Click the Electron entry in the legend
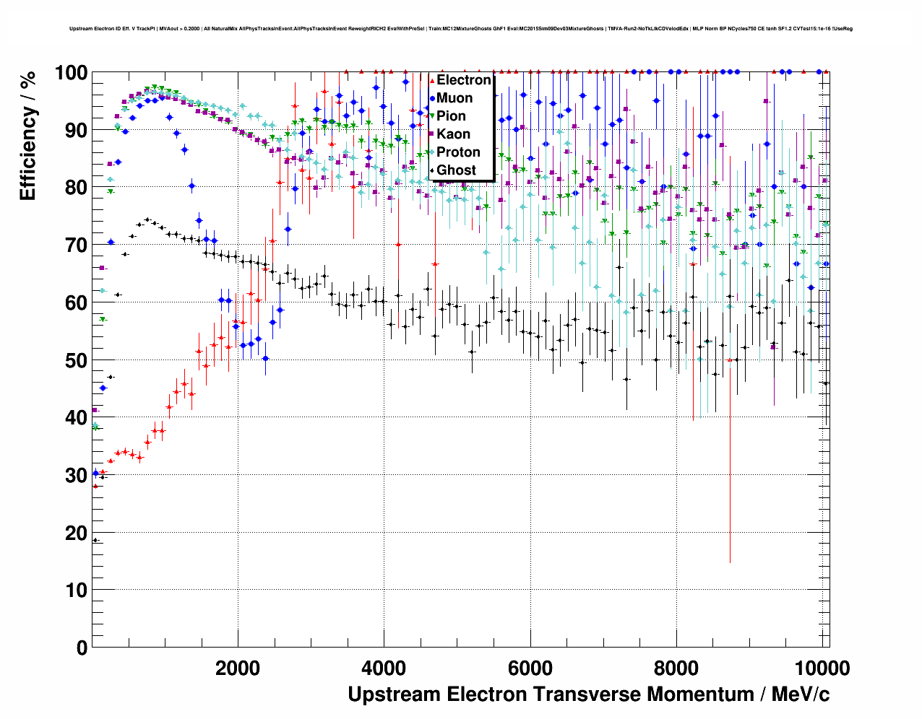coord(464,80)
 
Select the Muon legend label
coord(454,98)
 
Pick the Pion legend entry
coord(451,116)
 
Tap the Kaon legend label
coord(453,134)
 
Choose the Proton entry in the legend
coord(458,152)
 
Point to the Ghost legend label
coord(456,170)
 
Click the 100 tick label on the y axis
coord(72,73)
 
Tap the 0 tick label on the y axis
coord(82,648)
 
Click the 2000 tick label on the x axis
coord(238,668)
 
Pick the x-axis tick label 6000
coord(530,668)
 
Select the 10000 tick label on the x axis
coord(819,668)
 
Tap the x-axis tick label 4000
coord(384,668)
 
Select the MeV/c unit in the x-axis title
coord(801,694)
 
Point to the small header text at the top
coord(460,29)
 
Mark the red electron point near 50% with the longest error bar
coord(730,359)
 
